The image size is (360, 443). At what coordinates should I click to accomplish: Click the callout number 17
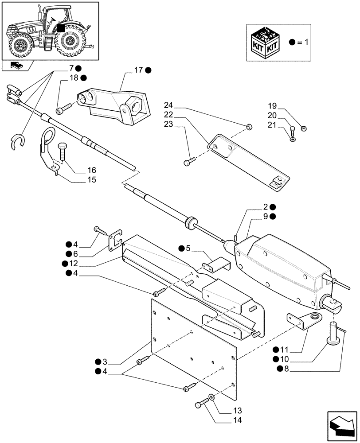click(x=137, y=70)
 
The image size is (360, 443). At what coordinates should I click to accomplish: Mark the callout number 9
click(x=266, y=216)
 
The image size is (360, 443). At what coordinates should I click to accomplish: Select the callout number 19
click(x=272, y=106)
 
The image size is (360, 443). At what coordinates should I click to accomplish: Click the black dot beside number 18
click(x=83, y=78)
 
